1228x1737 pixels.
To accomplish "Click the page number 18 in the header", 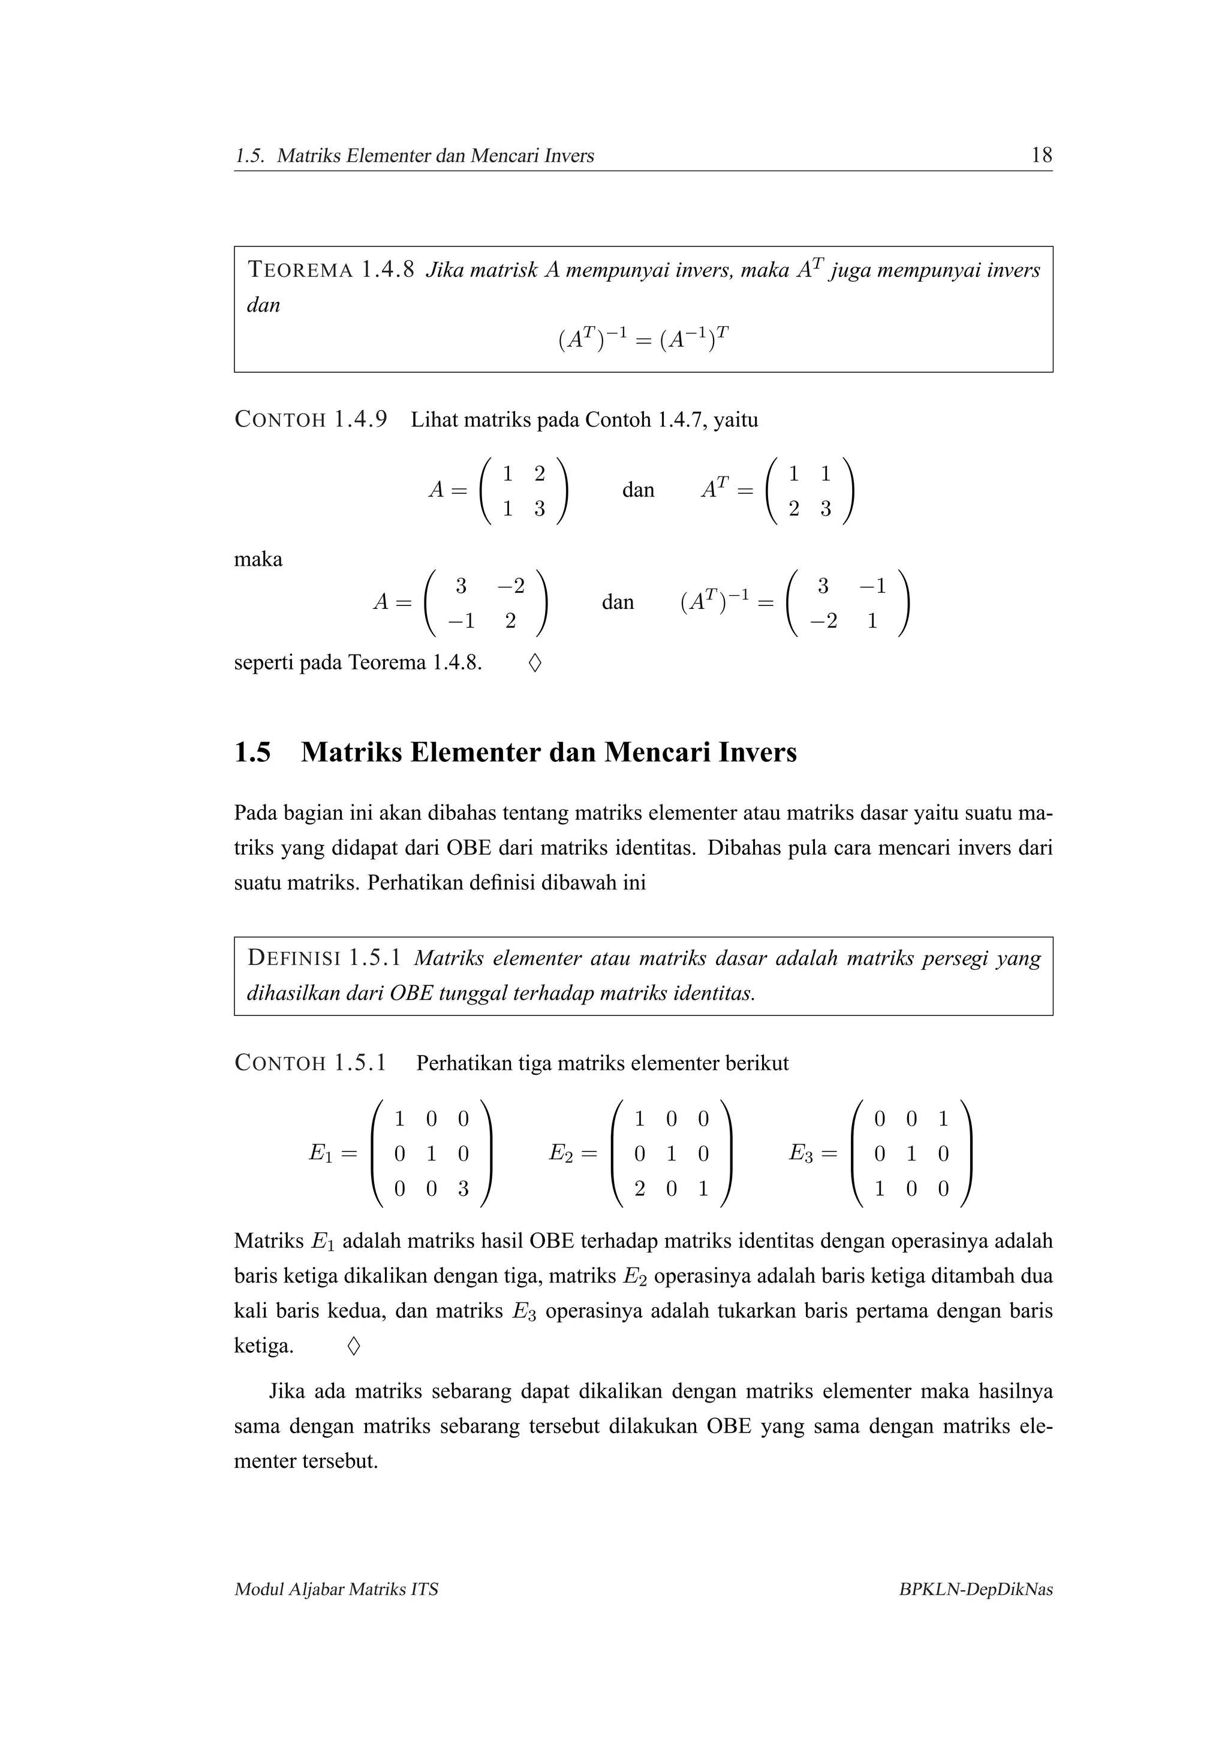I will pos(1041,155).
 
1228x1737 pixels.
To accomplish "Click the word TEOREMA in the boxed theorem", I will pos(300,270).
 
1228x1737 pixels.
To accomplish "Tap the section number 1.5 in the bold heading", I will pos(252,752).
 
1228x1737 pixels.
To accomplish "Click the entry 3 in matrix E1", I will pos(463,1189).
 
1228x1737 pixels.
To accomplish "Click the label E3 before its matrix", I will pos(802,1153).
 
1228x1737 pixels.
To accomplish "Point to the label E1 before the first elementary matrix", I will pos(321,1153).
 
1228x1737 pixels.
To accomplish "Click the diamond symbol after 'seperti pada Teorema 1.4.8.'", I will pos(534,664).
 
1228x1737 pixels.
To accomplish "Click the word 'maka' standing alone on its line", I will pos(258,560).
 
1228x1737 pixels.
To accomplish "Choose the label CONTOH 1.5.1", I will pos(311,1062).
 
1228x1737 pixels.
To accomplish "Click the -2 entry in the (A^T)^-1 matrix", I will pos(823,621).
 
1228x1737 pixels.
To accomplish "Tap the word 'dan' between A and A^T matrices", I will pos(638,490).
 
